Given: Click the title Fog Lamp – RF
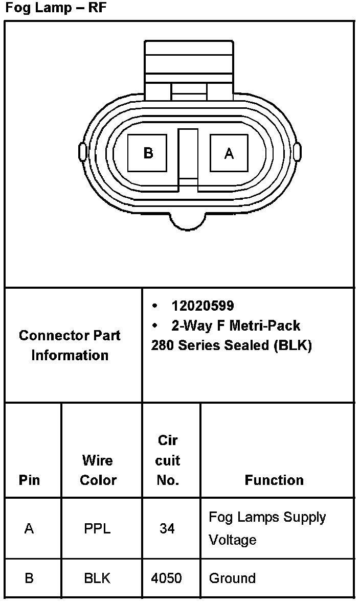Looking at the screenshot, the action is coord(56,9).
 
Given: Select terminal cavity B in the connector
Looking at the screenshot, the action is coord(147,153).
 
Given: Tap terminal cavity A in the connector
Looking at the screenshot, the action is coord(229,153).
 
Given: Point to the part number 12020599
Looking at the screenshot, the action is coord(202,306).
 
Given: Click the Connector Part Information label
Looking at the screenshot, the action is coord(70,345).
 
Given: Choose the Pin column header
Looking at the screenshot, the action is coord(29,480).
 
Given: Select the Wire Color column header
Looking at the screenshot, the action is coord(98,470).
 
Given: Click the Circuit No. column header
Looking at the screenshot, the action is coord(168,460).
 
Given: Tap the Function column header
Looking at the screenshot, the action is coord(274,480).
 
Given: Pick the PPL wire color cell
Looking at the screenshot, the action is coord(97,528).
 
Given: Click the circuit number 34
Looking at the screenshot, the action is coord(167,528).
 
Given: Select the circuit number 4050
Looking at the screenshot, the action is coord(167,578).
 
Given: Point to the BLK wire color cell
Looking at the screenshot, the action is coord(97,578).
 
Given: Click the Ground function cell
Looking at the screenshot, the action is coord(232,578).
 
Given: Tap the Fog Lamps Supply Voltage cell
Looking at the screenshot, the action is coord(267,528).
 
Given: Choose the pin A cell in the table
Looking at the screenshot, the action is coord(29,528).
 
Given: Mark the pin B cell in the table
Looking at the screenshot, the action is coord(29,578).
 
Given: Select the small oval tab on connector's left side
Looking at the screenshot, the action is coord(82,152).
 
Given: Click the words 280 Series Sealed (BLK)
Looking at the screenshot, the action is coord(231,345).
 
